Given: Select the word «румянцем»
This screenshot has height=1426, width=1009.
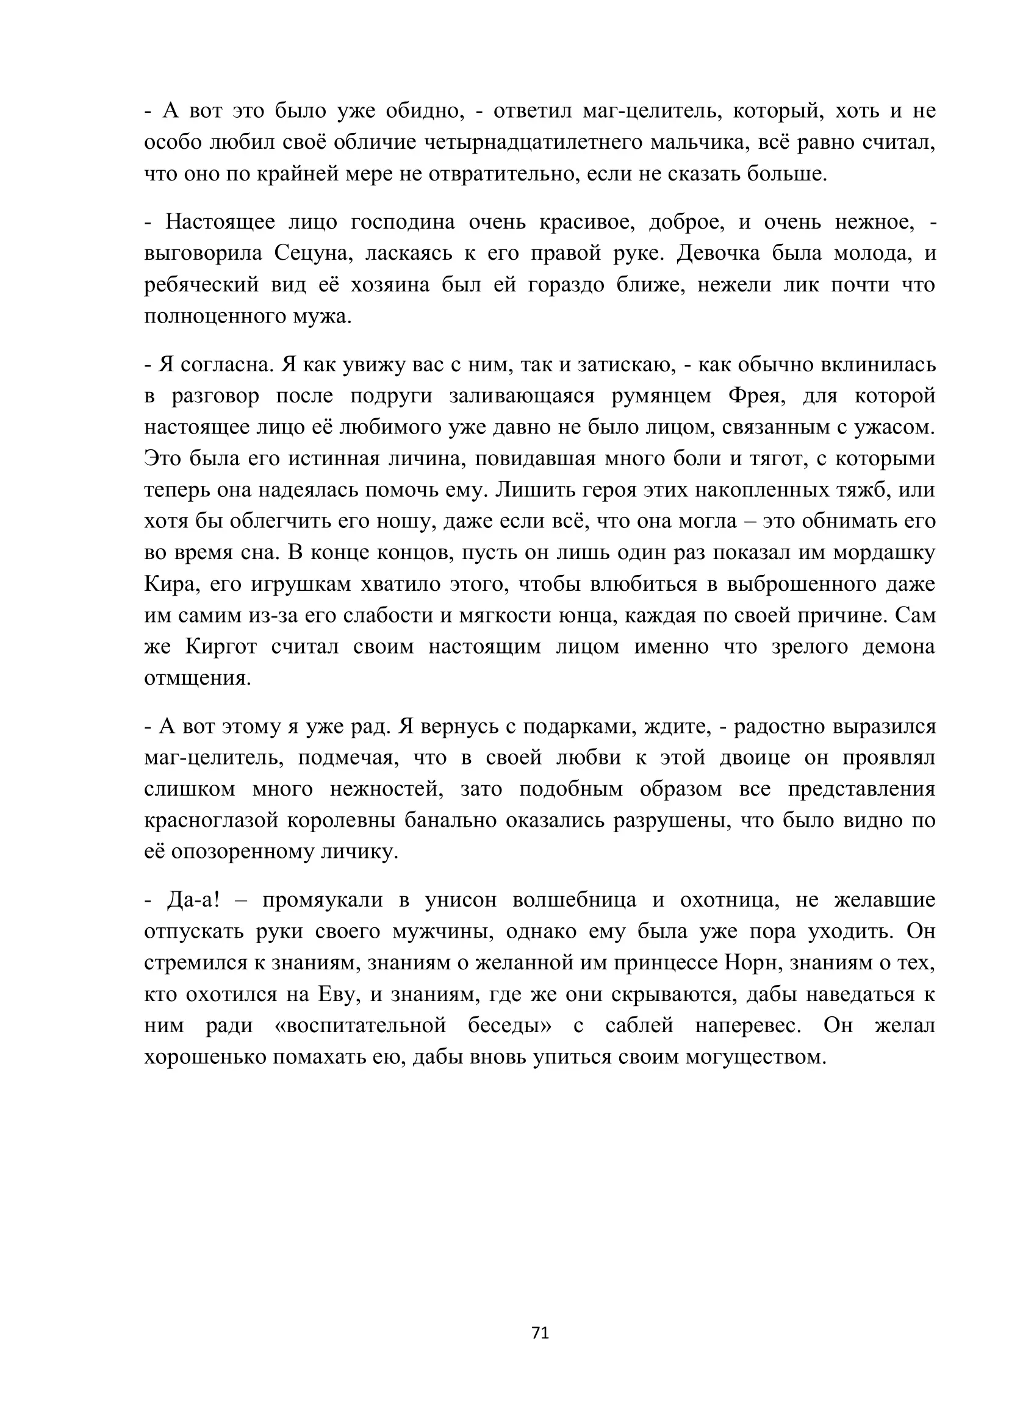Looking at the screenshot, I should [x=661, y=396].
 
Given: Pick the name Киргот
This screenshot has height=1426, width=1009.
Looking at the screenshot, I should [x=221, y=646].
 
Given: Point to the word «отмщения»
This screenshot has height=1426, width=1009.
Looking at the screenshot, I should [x=198, y=678].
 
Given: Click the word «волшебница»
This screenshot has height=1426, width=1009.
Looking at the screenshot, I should [x=574, y=900].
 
